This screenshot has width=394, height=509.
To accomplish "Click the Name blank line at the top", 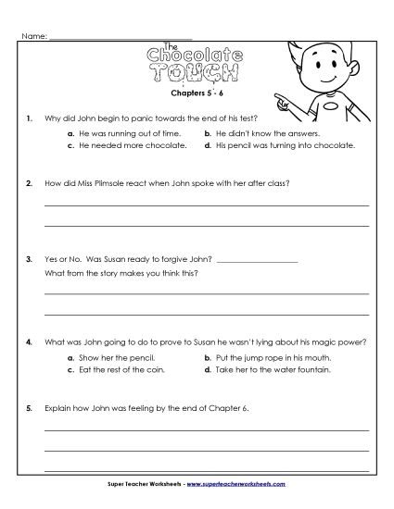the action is coord(120,39).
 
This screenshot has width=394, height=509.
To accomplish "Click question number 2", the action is coord(30,182).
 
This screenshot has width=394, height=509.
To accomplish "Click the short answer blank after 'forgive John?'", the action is coord(261,260).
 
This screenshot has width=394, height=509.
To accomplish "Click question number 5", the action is coord(30,408).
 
